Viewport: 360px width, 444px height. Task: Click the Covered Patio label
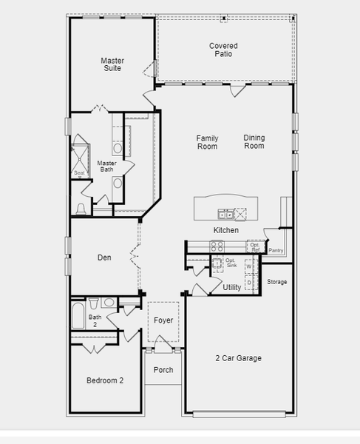pos(223,50)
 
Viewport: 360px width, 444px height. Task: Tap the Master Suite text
pos(112,64)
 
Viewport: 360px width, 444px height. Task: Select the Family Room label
pos(207,142)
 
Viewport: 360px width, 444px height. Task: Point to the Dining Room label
pos(254,141)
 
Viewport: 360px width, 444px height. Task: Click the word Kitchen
pos(226,230)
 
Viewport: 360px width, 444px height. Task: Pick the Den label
pos(104,258)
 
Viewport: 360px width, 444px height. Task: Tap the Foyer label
pos(163,320)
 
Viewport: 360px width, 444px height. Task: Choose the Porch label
pos(163,370)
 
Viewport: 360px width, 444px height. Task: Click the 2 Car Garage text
pos(238,358)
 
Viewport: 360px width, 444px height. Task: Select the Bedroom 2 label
pos(105,380)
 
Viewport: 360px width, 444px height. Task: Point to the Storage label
pos(277,282)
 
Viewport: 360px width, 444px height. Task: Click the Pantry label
pos(276,250)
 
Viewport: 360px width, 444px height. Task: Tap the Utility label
pos(232,287)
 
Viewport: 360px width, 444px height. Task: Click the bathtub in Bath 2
pos(78,315)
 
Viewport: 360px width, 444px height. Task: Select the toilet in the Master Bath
pos(81,209)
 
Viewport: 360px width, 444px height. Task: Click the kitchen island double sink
pos(226,214)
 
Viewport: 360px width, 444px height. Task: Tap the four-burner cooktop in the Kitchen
pos(217,246)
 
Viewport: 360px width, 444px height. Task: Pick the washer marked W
pos(249,266)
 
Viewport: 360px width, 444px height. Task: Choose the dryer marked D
pos(249,283)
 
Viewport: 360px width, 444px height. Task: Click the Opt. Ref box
pos(255,247)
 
